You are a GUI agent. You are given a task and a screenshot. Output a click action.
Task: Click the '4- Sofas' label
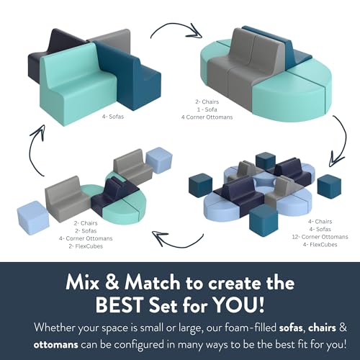point(113,117)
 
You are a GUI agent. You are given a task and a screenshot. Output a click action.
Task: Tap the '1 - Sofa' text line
point(207,109)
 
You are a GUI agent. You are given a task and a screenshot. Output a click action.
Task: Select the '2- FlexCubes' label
point(86,246)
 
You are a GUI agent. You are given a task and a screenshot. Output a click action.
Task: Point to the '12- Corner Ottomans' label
point(320,237)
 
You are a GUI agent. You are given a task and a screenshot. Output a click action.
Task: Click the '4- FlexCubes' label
point(320,245)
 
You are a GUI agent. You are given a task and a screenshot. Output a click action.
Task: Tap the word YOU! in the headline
point(239,305)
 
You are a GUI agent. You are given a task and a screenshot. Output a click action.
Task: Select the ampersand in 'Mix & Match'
point(112,282)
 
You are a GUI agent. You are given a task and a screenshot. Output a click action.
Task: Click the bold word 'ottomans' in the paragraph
point(55,345)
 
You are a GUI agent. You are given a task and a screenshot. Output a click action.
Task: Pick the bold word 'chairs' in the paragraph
point(322,328)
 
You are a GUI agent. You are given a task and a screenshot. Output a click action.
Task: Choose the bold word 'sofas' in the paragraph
point(291,328)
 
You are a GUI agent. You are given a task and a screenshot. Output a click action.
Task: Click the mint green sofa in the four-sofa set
point(77,84)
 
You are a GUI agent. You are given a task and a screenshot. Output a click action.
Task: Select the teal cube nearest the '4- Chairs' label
point(329,185)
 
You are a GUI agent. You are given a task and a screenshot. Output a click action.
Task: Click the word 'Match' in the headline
point(153,282)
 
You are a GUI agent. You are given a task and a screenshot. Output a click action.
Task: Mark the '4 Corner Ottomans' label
point(207,117)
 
